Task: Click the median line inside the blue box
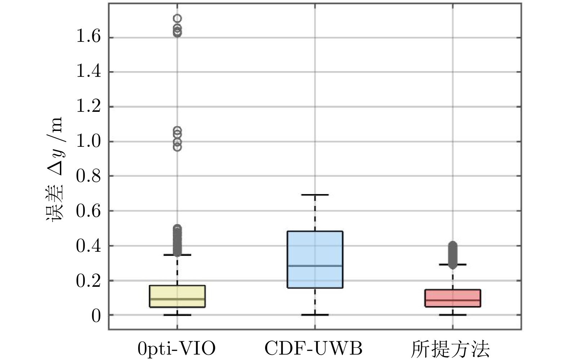tap(315, 266)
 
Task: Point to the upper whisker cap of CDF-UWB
tap(315, 195)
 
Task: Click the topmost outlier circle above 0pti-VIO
tap(177, 18)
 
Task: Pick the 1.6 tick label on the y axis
tap(88, 37)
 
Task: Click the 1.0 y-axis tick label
tap(88, 141)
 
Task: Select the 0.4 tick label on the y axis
tap(88, 246)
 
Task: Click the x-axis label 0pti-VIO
tap(177, 349)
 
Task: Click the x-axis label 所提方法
tap(450, 349)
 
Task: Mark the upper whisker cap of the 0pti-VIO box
tap(177, 255)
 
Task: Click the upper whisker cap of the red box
tap(453, 264)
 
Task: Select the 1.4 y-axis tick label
tap(88, 72)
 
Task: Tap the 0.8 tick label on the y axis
tap(88, 176)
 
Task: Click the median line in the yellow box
tap(177, 299)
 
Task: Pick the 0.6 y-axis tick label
tap(88, 211)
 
